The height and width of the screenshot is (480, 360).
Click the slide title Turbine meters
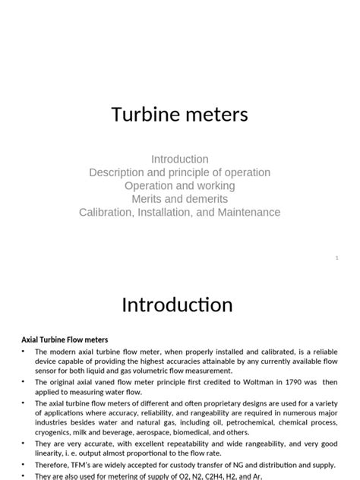[180, 115]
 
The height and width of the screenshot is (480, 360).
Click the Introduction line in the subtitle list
[180, 159]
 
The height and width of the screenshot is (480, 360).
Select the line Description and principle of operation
[180, 172]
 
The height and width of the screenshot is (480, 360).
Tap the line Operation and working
[180, 186]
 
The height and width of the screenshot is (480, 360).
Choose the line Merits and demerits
[180, 199]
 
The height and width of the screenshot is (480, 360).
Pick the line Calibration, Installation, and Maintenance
[180, 213]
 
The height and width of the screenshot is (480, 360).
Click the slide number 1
[336, 258]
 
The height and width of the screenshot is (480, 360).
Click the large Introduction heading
[178, 305]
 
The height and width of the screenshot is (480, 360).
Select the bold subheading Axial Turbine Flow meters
[65, 339]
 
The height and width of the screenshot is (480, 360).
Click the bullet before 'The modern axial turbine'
[24, 352]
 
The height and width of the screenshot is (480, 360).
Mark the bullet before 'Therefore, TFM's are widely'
[24, 465]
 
